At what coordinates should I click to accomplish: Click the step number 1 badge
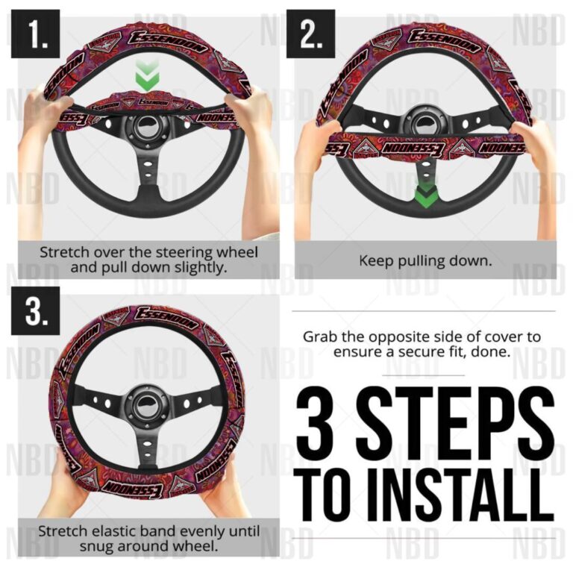[34, 34]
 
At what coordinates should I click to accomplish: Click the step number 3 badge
[34, 313]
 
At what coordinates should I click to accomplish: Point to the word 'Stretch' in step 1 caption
[63, 252]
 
